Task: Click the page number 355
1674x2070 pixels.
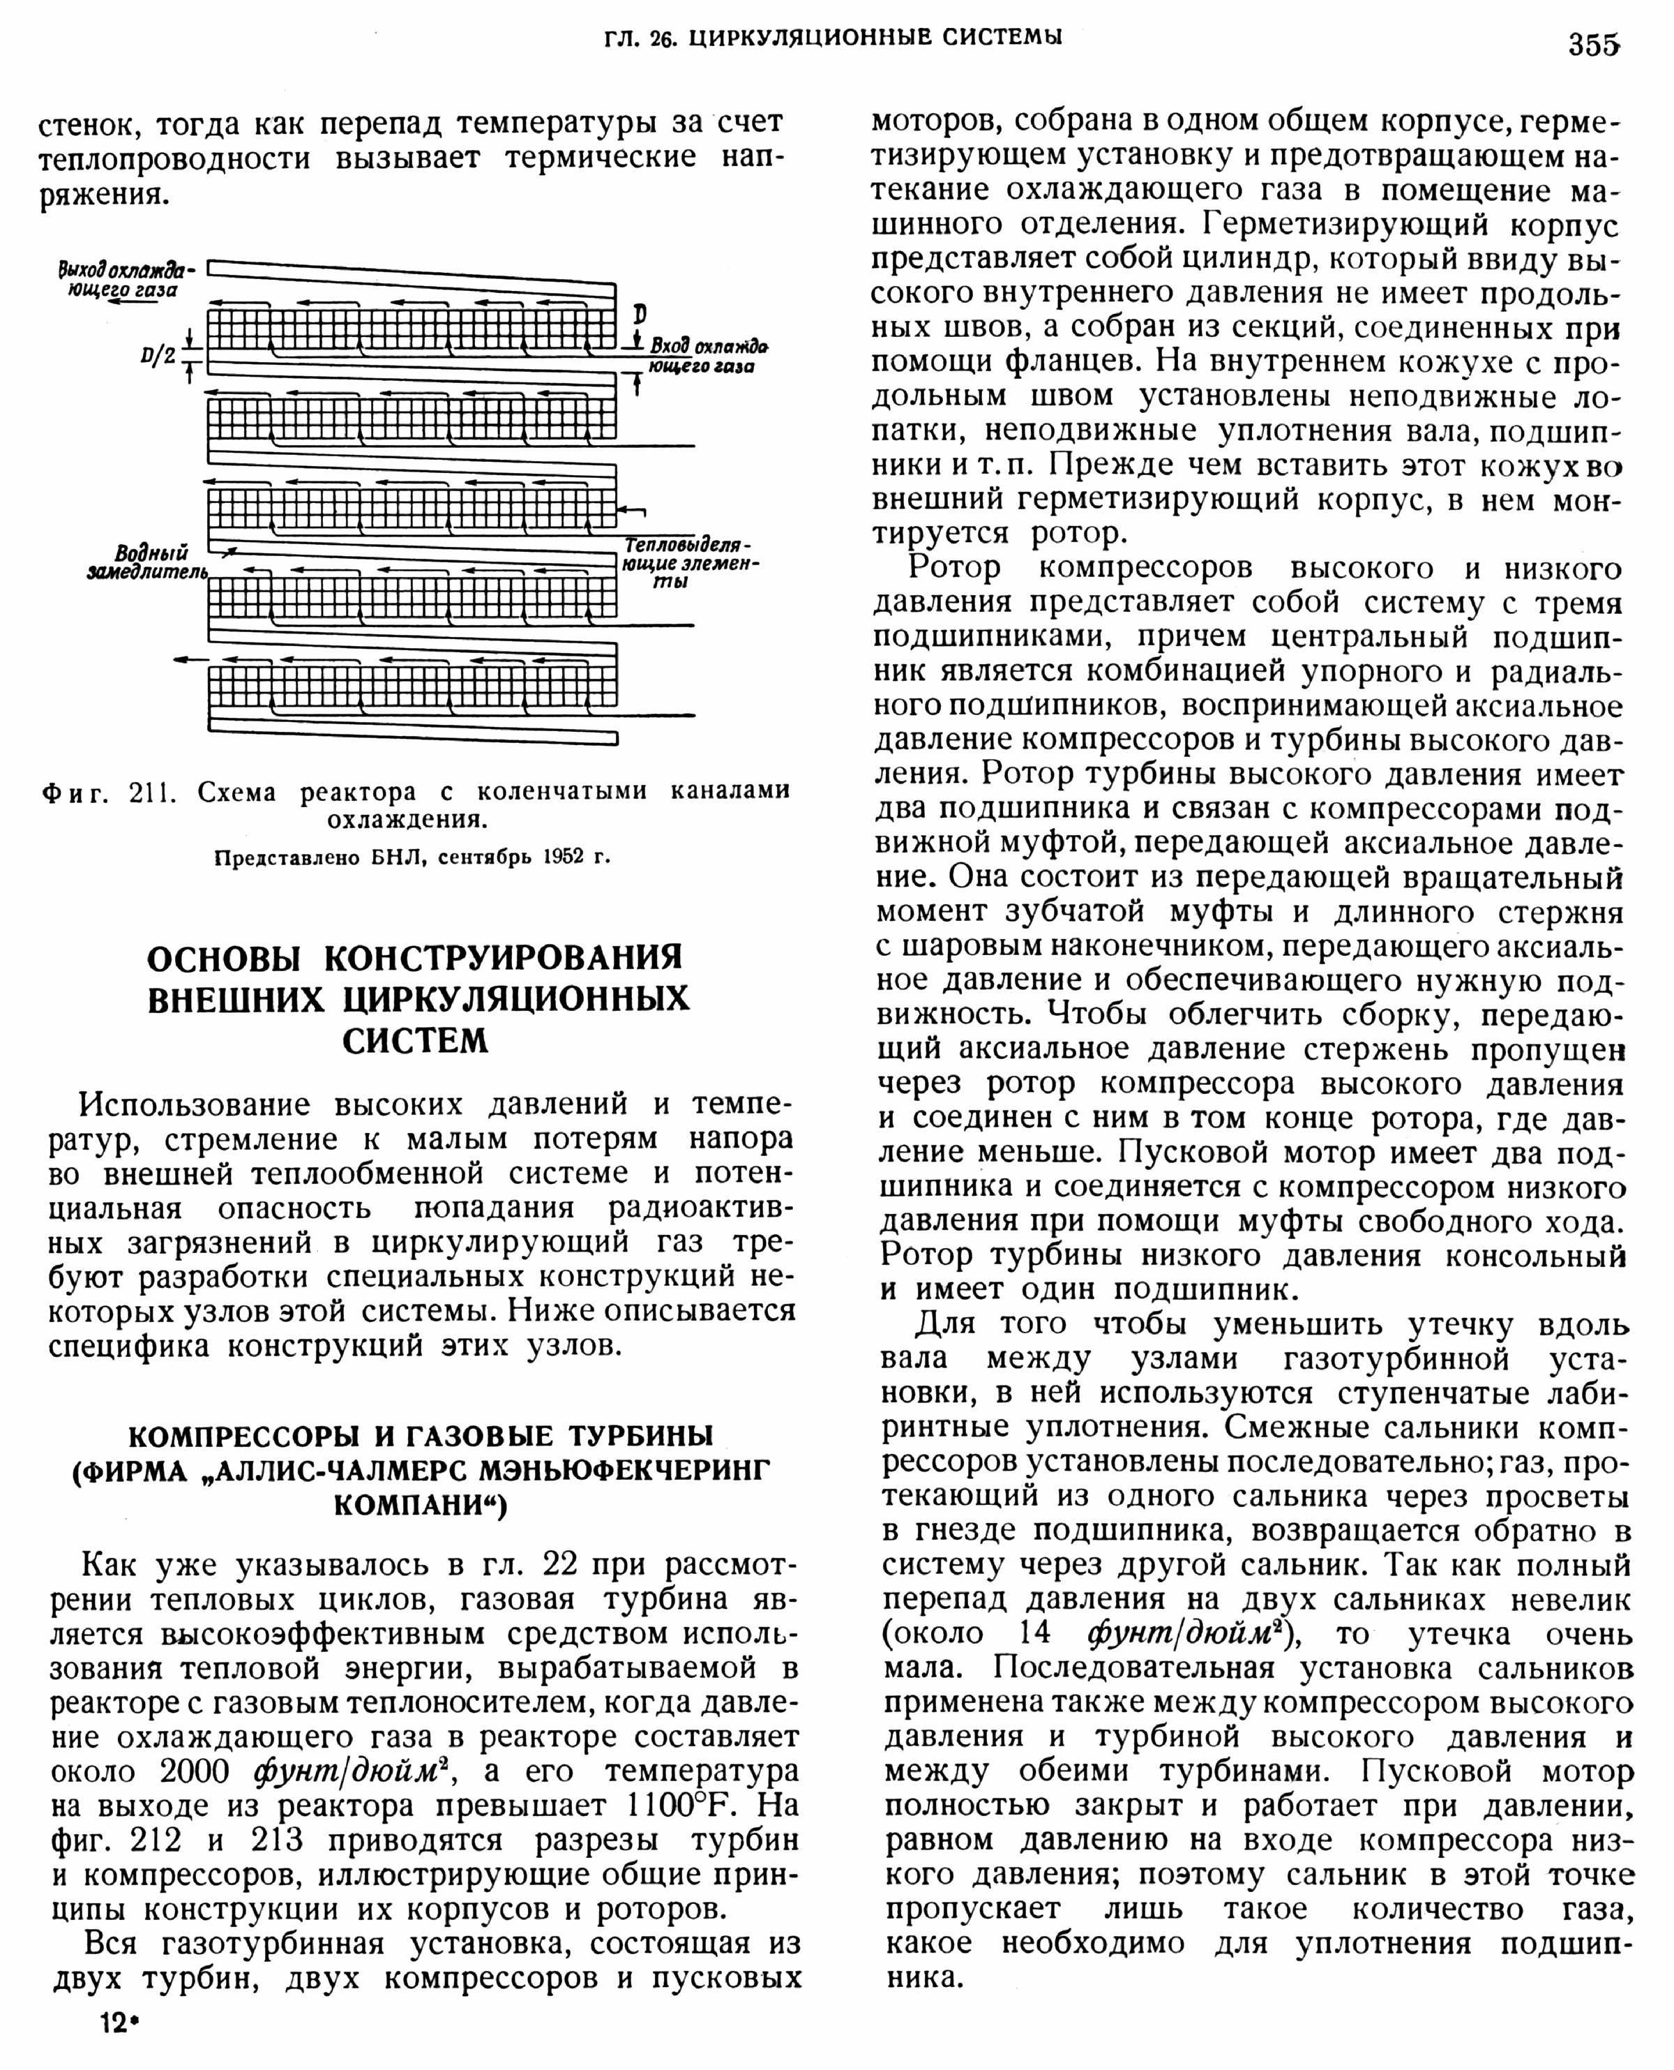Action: click(1593, 45)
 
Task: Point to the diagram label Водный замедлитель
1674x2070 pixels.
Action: click(149, 562)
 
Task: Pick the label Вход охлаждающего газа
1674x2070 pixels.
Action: click(708, 356)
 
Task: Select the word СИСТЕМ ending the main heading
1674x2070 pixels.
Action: click(416, 1042)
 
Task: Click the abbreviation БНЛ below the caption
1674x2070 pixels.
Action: click(401, 857)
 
